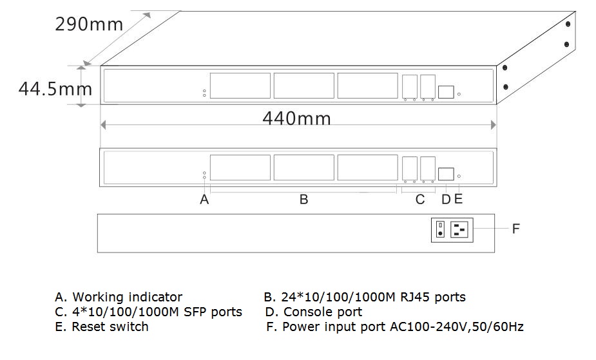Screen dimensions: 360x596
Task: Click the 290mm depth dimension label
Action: pos(88,25)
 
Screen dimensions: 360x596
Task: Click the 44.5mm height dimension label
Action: pos(55,88)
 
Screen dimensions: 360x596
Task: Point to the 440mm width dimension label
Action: pos(296,118)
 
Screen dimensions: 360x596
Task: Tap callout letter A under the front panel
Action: pos(204,200)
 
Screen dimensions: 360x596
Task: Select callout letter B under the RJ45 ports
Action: pos(303,200)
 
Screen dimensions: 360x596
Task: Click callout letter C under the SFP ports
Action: pos(420,200)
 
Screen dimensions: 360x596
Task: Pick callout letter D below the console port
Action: pos(446,200)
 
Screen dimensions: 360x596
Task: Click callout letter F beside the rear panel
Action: pos(515,229)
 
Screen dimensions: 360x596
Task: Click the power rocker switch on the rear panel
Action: pos(440,229)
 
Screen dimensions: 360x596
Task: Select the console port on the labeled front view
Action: pos(446,174)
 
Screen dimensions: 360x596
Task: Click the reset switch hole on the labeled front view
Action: pos(459,176)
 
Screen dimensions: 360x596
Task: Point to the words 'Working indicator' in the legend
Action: pos(127,297)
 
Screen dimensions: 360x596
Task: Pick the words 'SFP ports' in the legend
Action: pos(212,312)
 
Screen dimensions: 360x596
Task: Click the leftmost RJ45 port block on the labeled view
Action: pos(240,167)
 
